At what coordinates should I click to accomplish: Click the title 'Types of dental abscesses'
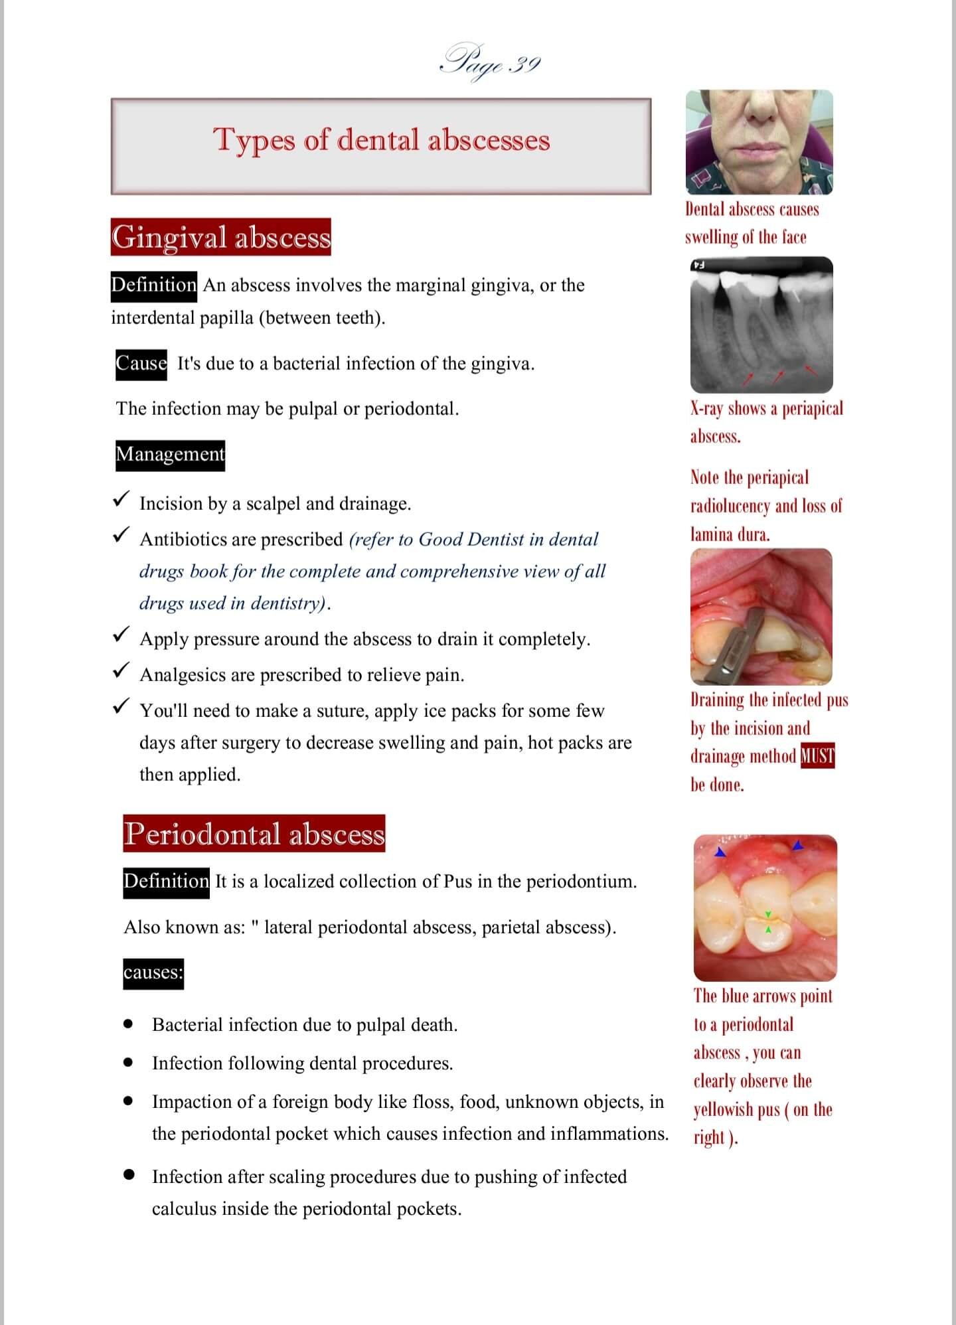pos(381,141)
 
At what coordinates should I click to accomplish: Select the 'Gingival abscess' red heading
pos(220,238)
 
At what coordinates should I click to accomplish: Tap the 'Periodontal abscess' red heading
pos(254,834)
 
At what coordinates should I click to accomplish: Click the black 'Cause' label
pos(141,364)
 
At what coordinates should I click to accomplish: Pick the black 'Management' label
pos(170,455)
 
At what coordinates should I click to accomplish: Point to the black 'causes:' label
pos(153,973)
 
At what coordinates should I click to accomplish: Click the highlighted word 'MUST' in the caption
pos(817,756)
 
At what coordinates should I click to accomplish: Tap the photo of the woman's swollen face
pos(759,142)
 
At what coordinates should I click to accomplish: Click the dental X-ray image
pos(761,325)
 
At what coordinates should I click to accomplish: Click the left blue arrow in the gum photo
pos(720,852)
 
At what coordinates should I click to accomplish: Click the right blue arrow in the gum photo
pos(798,845)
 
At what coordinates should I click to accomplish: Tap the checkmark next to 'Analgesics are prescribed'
pos(121,671)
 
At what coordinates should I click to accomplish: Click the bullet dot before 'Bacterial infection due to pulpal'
pos(129,1024)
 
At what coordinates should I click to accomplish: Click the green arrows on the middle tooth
pos(768,922)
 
